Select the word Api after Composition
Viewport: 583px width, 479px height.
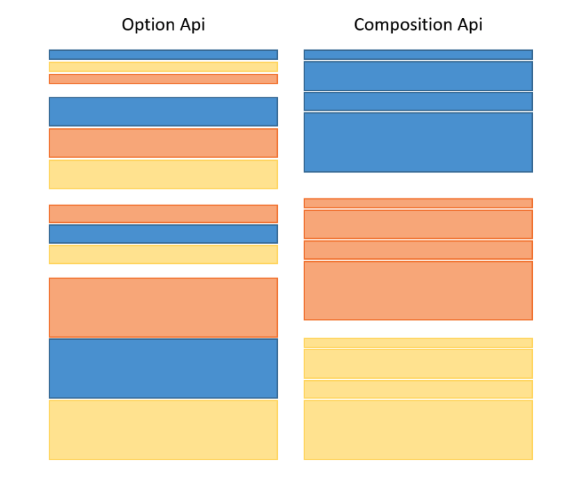coord(467,25)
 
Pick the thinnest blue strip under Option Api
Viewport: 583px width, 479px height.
coord(163,54)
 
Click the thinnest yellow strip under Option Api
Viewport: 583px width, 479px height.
coord(163,67)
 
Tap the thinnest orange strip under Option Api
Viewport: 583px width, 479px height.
coord(163,79)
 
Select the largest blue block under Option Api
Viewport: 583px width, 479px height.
coord(163,368)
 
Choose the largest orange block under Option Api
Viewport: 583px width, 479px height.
coord(163,307)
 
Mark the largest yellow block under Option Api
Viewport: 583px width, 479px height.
coord(163,430)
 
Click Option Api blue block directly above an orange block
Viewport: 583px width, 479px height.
coord(163,111)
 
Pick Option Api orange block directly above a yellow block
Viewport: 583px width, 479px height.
coord(163,143)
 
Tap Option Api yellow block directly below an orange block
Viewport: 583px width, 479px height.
coord(163,174)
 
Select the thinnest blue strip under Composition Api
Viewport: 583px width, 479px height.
coord(418,54)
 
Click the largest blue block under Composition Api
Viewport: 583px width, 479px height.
coord(418,142)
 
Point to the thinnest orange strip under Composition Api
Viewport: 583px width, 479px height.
coord(418,203)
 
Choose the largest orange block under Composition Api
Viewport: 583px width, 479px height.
coord(418,290)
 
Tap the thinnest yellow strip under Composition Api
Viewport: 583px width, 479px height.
coord(418,343)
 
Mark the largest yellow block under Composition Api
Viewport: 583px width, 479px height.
coord(418,430)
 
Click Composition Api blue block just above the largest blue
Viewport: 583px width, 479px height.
coord(418,102)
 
